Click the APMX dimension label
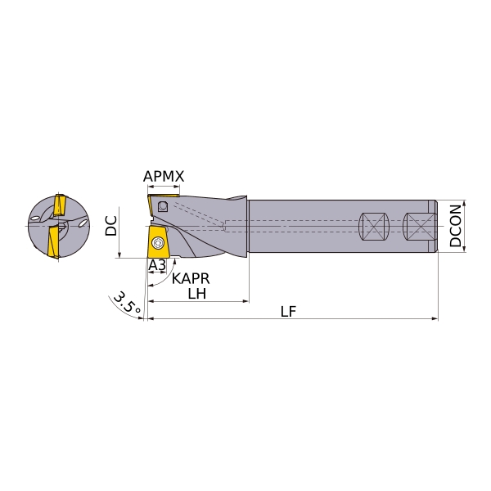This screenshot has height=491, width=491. coord(164,176)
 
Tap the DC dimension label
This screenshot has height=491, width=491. coord(111,226)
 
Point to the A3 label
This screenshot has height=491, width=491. coord(157,265)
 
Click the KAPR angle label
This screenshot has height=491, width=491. coord(191,278)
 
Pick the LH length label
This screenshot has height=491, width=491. coord(197,294)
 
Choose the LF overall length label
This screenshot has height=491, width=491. coord(288,312)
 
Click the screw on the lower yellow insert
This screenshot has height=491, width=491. coord(156,242)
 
